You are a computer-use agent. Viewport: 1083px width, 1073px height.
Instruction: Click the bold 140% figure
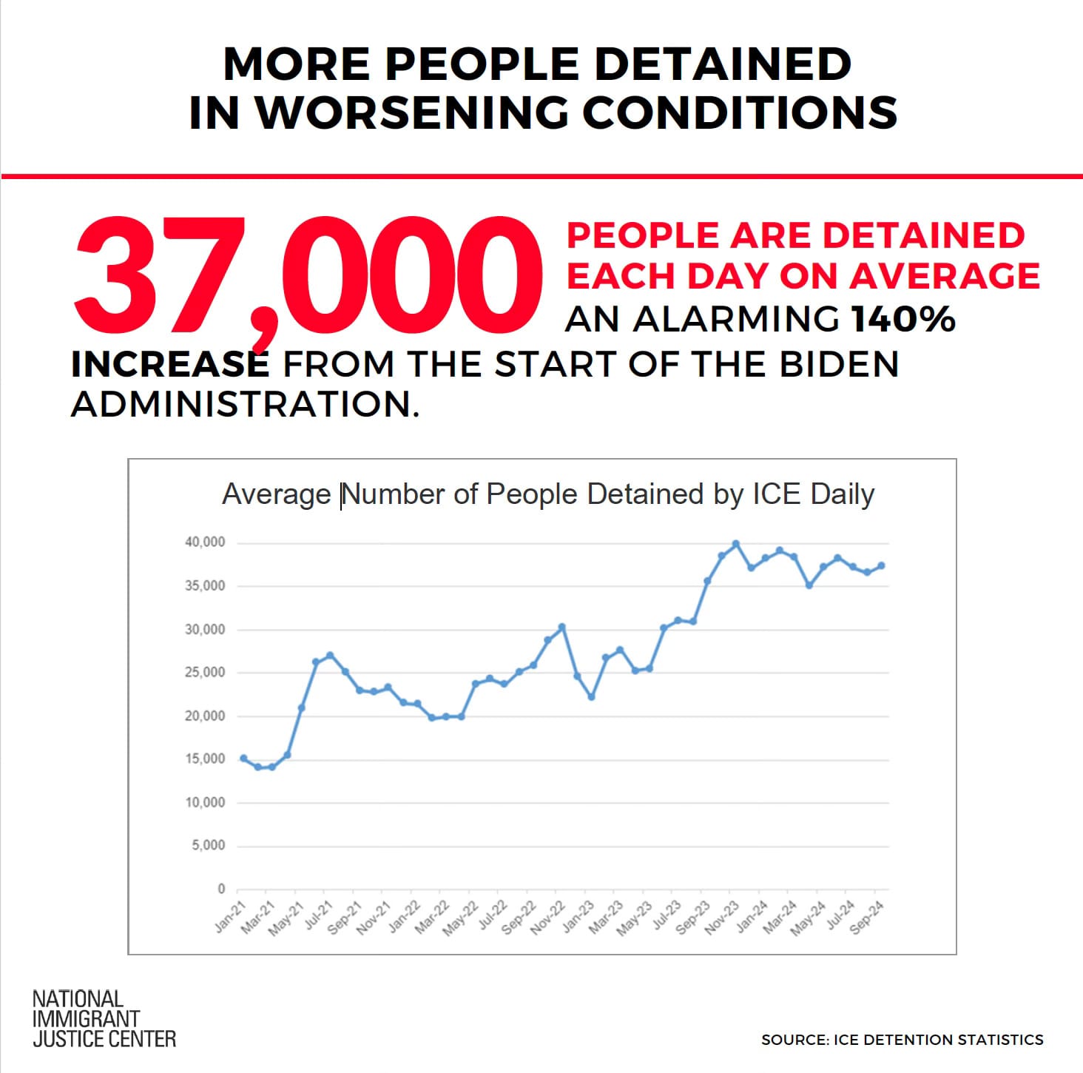[x=903, y=320]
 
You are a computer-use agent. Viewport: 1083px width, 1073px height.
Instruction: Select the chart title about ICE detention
[x=548, y=494]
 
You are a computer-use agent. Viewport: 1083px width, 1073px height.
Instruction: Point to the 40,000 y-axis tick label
[x=205, y=542]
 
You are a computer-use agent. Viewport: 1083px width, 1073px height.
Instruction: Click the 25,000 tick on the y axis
[x=205, y=673]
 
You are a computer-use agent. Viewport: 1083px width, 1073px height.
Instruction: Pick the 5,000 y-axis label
[x=209, y=845]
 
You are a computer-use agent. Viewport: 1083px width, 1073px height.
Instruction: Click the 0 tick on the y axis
[x=221, y=889]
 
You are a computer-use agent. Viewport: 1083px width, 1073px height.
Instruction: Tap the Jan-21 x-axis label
[x=230, y=918]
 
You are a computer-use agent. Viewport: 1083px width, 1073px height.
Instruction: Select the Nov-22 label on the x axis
[x=548, y=918]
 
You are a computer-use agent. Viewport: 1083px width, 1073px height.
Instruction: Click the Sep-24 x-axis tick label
[x=867, y=918]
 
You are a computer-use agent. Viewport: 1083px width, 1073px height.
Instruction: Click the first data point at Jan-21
[x=243, y=758]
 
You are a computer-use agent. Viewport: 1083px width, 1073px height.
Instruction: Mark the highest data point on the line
[x=736, y=544]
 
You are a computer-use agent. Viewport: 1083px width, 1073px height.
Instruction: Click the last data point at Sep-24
[x=881, y=566]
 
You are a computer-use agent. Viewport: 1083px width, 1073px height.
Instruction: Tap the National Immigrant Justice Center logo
[x=104, y=1019]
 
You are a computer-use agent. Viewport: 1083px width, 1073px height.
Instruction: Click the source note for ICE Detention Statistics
[x=902, y=1040]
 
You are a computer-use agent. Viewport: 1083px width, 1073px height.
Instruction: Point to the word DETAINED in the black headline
[x=723, y=64]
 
